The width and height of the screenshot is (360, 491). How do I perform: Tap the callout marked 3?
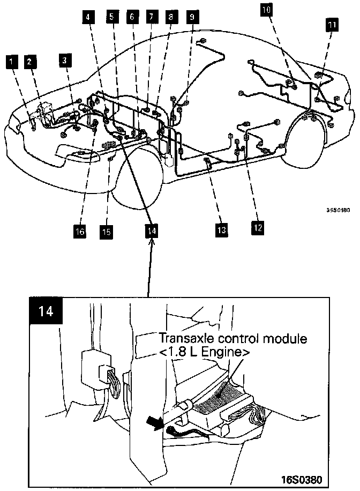coord(64,60)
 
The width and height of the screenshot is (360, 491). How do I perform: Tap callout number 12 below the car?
coord(258,227)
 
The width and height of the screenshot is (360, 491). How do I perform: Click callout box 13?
coord(221,230)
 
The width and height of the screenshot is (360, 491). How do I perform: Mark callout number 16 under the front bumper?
coord(80,231)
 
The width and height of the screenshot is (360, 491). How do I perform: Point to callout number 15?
coord(107,232)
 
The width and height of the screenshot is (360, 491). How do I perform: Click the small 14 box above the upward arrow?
coord(152,229)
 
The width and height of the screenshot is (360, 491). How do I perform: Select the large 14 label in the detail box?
coord(47,311)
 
